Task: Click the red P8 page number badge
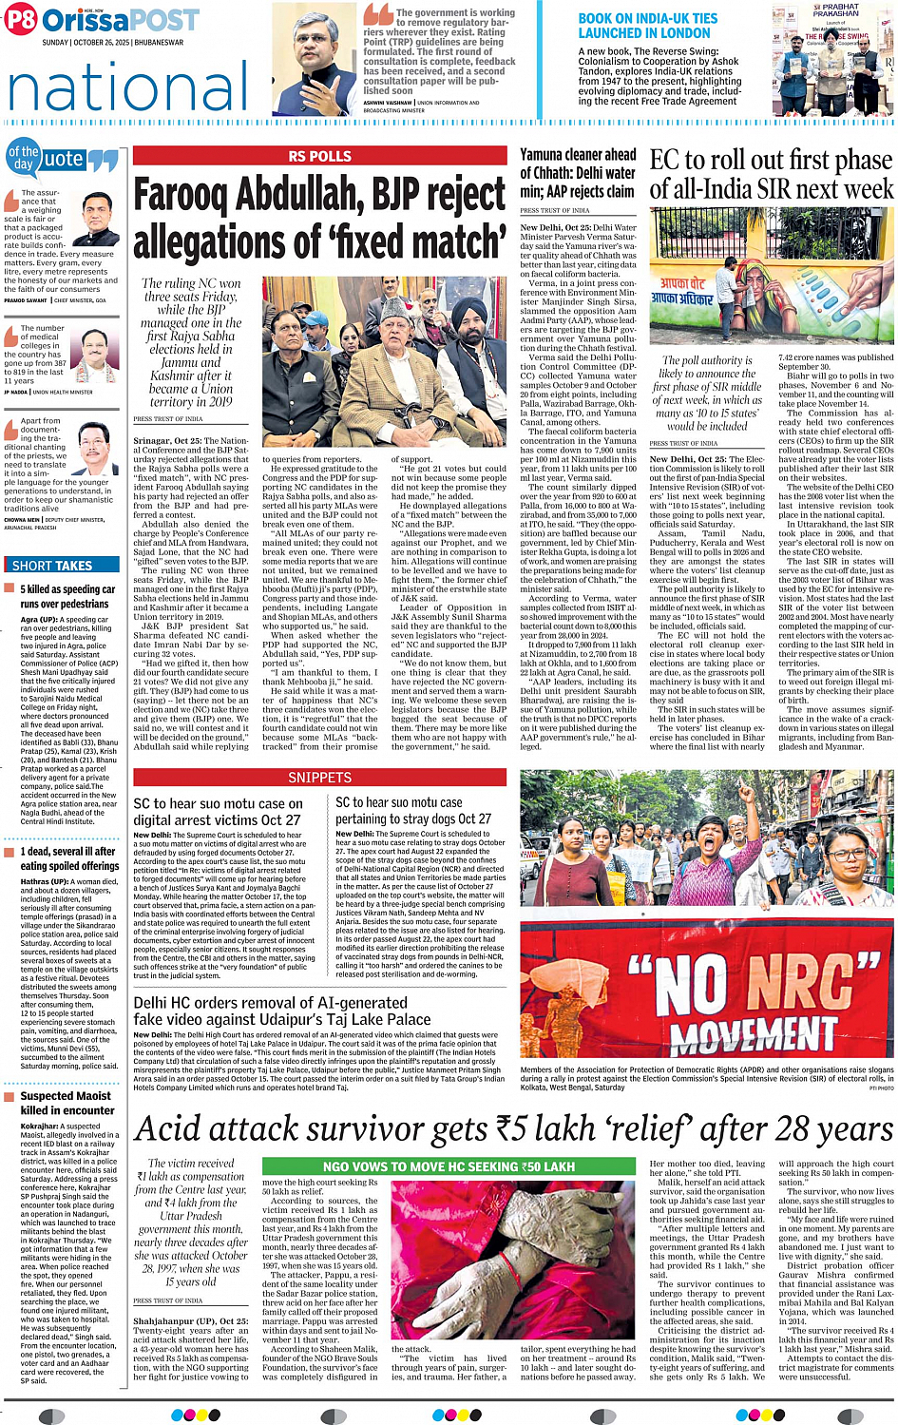(21, 20)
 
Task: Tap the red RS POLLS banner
(319, 157)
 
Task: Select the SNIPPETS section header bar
(319, 778)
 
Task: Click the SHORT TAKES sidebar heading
(52, 566)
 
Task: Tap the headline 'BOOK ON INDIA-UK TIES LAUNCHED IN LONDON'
(648, 26)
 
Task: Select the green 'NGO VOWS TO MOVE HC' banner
(449, 1166)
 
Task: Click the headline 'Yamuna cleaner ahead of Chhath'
(578, 172)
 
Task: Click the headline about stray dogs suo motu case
(413, 810)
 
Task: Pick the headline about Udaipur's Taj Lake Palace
(281, 1011)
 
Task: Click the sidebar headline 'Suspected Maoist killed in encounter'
(67, 1103)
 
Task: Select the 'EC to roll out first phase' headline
(771, 174)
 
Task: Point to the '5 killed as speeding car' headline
(67, 596)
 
